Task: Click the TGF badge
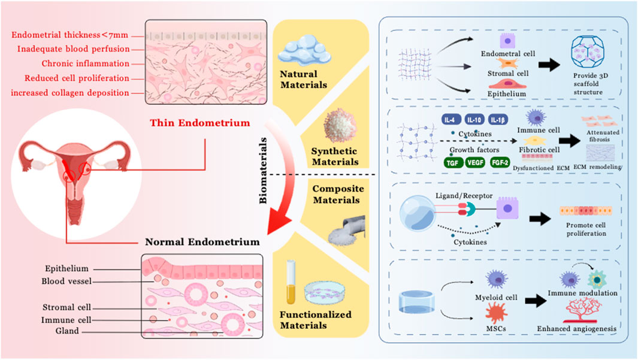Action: [x=452, y=162]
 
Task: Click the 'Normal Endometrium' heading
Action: [x=202, y=242]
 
